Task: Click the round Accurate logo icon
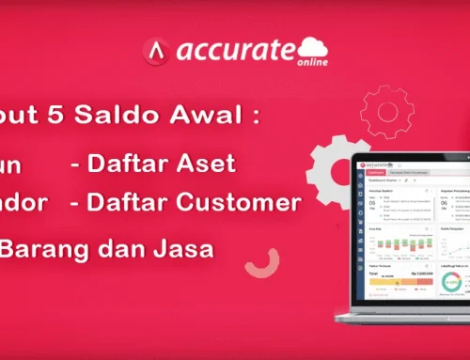point(156,50)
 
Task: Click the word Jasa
point(180,247)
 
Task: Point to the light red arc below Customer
point(247,263)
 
